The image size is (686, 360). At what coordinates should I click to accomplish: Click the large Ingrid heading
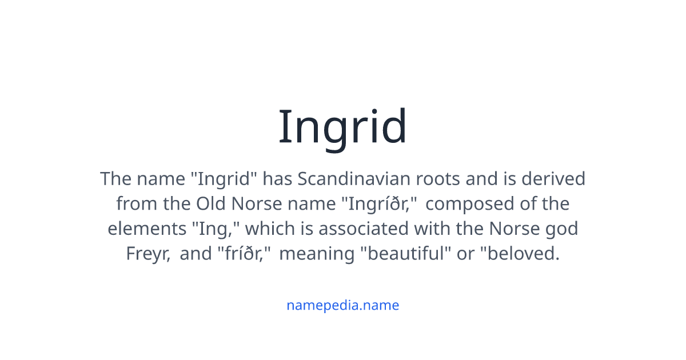click(x=342, y=127)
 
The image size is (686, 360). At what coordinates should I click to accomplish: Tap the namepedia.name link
click(x=342, y=305)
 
